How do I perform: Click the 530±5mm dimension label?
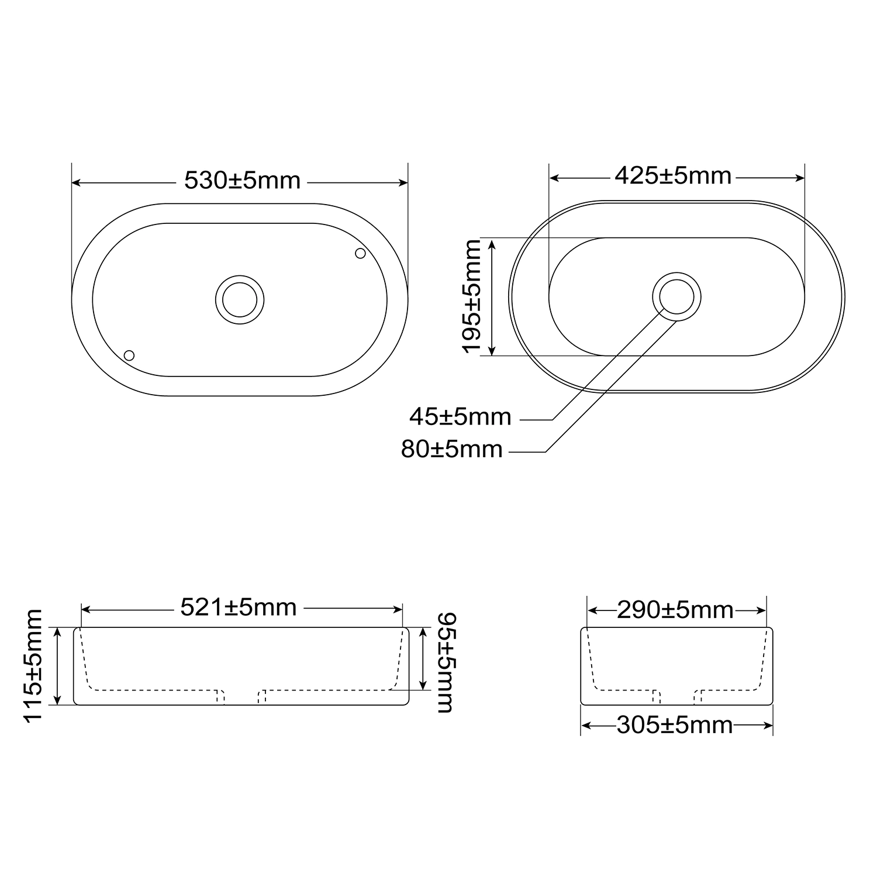tap(242, 180)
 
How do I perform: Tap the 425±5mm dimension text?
tap(673, 175)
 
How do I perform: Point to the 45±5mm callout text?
tap(460, 417)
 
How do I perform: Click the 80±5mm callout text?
tap(452, 449)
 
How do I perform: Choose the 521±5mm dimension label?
tap(239, 607)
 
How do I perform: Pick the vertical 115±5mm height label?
tap(34, 665)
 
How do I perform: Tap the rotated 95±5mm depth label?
tap(446, 662)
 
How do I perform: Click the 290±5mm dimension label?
tap(675, 610)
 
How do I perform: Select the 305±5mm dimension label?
tap(675, 726)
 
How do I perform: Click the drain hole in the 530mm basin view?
tap(240, 299)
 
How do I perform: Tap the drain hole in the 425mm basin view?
tap(676, 296)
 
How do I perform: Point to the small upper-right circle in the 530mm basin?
tap(360, 253)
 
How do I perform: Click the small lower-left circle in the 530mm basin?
tap(129, 355)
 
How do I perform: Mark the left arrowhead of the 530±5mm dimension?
tap(75, 183)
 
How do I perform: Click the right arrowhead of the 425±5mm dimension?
tap(800, 178)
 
